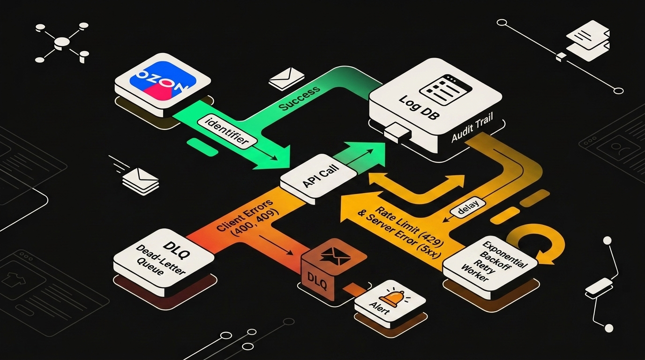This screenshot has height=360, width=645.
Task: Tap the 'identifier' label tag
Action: [227, 132]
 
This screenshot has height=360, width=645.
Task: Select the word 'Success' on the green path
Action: [300, 98]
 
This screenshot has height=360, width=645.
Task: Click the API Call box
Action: [319, 179]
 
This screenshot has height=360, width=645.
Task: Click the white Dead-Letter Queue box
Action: [164, 262]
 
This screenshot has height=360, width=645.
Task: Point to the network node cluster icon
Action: [62, 43]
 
